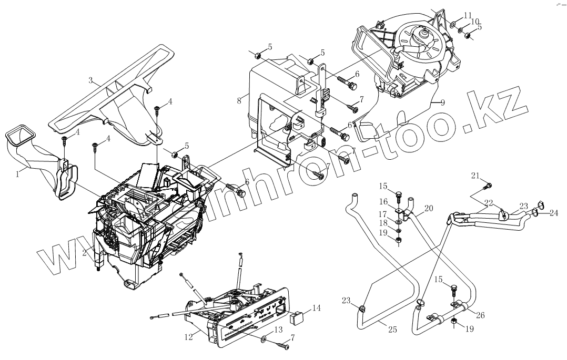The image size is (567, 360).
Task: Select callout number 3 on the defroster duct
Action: (91, 80)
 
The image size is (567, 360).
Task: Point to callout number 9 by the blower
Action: (442, 102)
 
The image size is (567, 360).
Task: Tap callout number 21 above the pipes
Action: (475, 175)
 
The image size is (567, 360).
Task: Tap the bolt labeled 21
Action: (489, 185)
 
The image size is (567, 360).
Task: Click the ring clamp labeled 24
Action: (535, 212)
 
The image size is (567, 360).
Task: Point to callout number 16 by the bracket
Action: (383, 201)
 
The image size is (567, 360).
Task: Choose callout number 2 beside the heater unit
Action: (84, 252)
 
